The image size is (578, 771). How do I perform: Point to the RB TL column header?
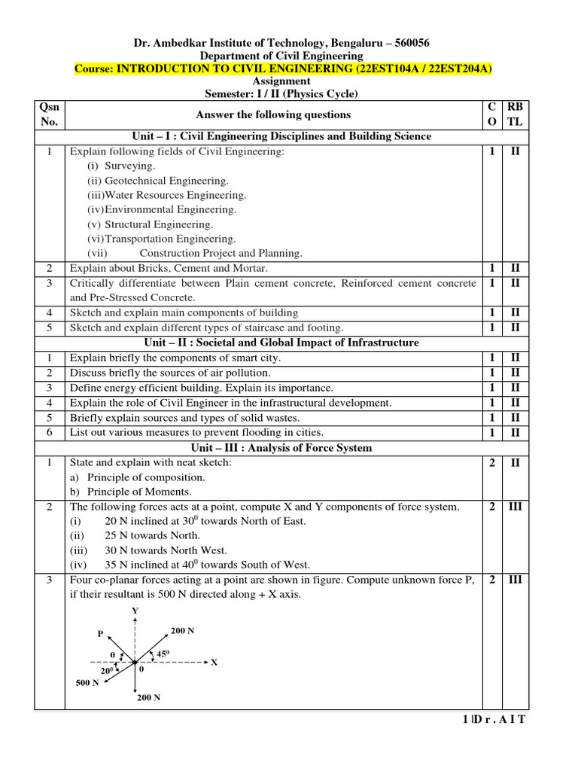[516, 114]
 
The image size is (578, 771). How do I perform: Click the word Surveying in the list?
[130, 166]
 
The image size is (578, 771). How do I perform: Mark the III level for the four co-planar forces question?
[516, 579]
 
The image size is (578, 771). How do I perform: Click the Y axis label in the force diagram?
[135, 611]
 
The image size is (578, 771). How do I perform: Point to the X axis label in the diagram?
[214, 663]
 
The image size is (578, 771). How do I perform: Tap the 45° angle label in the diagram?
[162, 655]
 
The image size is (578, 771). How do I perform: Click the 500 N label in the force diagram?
[87, 683]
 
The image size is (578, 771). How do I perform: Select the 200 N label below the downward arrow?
[148, 698]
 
